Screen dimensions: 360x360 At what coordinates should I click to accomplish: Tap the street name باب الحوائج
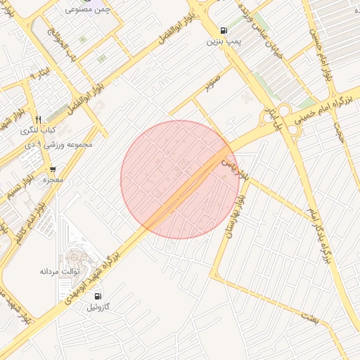point(61,41)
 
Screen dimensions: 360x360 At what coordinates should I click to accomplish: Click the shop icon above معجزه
point(53,169)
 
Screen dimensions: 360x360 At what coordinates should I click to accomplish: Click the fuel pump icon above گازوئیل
point(98,296)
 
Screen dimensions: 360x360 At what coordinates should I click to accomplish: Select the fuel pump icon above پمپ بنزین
point(224,30)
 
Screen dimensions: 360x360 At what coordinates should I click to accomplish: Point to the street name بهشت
point(310,319)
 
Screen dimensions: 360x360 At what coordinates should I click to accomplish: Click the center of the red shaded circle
point(180,179)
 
